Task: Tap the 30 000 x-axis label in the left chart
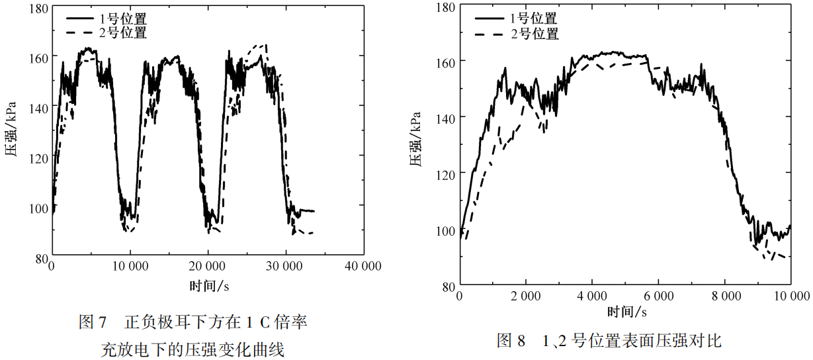(285, 266)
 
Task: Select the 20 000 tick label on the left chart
(208, 266)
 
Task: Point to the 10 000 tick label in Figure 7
(130, 266)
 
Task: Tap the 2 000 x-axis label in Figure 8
(526, 295)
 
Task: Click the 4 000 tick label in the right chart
(593, 295)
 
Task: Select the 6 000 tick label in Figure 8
(659, 295)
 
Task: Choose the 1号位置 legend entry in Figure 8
(533, 19)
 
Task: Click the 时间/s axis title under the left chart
(208, 285)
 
